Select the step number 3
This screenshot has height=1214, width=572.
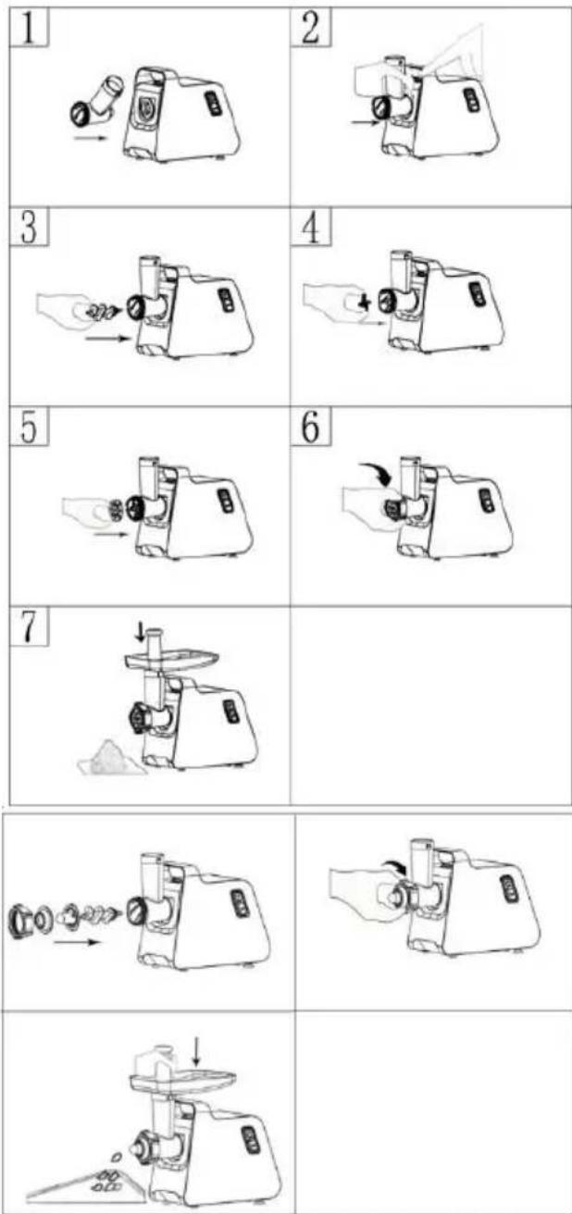pyautogui.click(x=29, y=229)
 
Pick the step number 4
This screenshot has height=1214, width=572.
pyautogui.click(x=310, y=229)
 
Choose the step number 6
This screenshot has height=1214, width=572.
pyautogui.click(x=311, y=427)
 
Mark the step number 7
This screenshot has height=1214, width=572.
pyautogui.click(x=29, y=627)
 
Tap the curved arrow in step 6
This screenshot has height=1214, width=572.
pyautogui.click(x=376, y=472)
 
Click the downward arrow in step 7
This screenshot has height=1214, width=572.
pyautogui.click(x=141, y=631)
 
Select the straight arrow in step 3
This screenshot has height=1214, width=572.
pyautogui.click(x=109, y=340)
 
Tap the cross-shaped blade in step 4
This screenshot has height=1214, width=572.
pyautogui.click(x=365, y=303)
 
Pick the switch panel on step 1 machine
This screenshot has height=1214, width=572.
pyautogui.click(x=213, y=103)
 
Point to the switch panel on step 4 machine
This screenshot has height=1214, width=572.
pyautogui.click(x=477, y=298)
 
